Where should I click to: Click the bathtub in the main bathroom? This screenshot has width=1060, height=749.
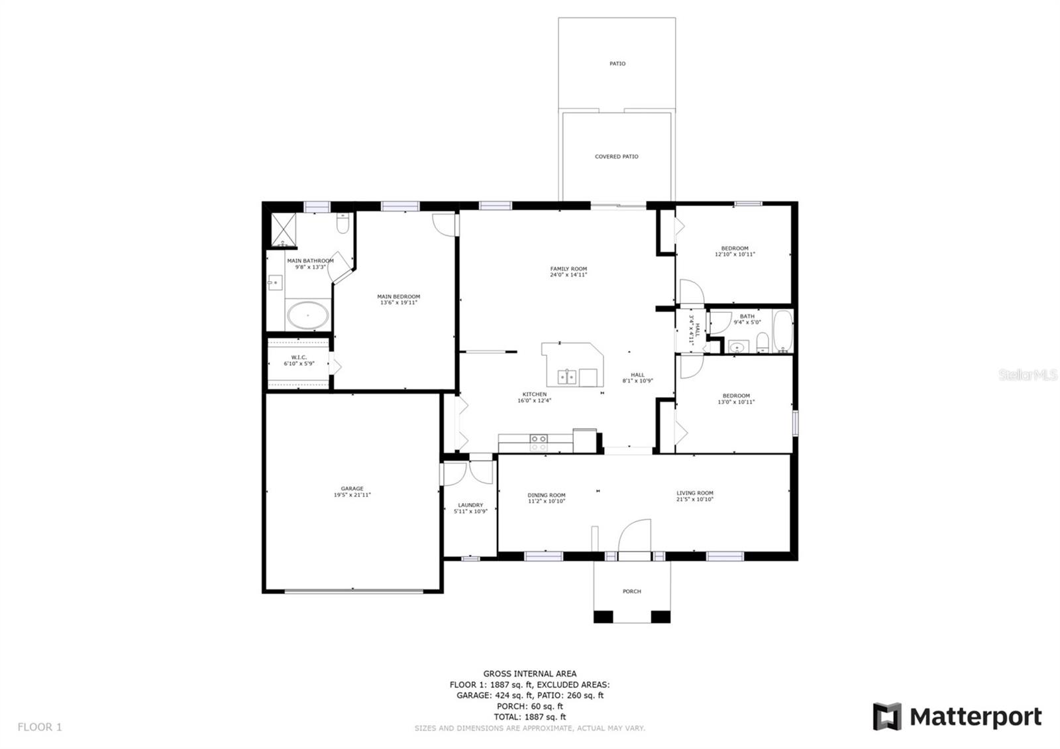click(x=307, y=316)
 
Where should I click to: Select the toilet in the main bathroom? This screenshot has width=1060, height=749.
click(x=343, y=225)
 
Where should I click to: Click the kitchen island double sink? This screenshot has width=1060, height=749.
click(x=567, y=376)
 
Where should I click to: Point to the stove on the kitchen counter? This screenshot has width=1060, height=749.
click(x=539, y=442)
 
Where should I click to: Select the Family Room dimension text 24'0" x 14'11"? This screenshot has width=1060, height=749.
click(x=568, y=274)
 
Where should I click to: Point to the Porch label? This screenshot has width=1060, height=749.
click(x=631, y=591)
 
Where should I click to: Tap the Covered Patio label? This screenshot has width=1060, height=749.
click(x=616, y=157)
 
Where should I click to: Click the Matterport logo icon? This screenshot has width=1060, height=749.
click(x=886, y=717)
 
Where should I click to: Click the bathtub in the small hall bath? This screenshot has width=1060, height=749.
click(x=782, y=330)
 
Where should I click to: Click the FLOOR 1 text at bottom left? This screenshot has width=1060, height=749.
click(x=40, y=727)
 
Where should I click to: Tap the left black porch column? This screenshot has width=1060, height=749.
click(x=603, y=616)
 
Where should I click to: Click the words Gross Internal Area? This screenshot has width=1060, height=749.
click(x=529, y=673)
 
